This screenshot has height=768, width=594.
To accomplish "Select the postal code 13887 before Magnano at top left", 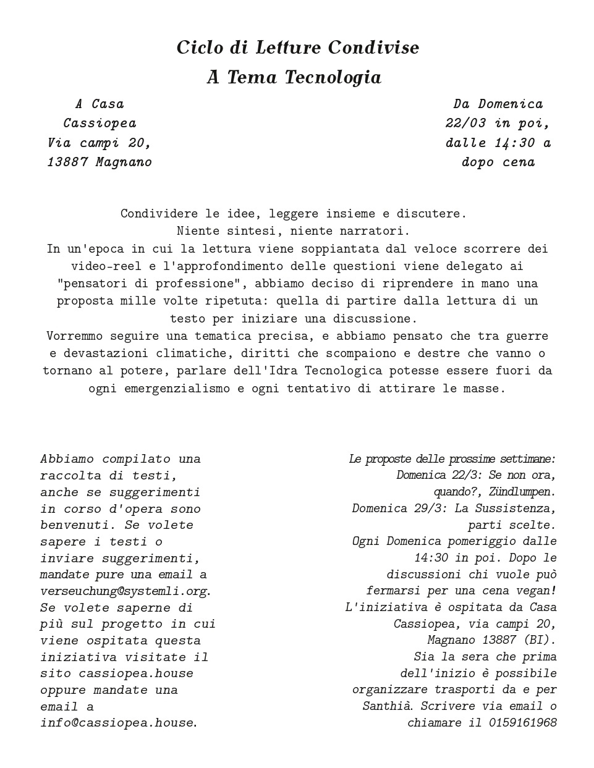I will point(68,162).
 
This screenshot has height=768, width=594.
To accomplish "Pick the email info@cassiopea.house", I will point(117,722).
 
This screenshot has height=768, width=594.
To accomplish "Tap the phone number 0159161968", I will point(522,722).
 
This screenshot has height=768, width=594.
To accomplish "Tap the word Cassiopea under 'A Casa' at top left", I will point(100,123).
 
